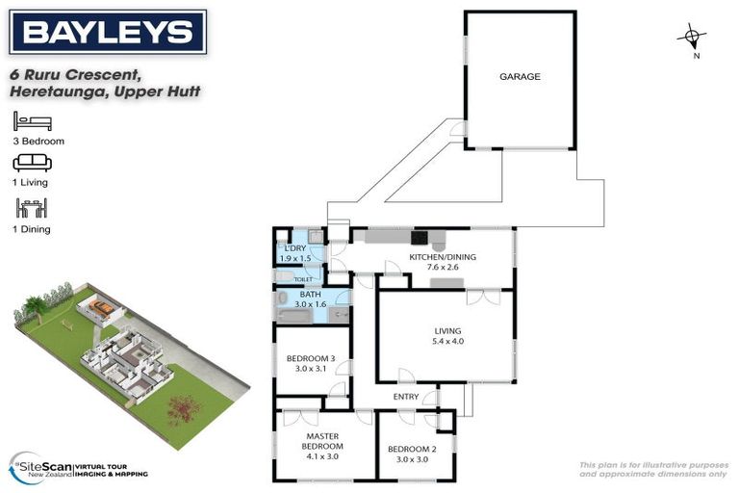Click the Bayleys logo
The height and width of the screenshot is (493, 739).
107,32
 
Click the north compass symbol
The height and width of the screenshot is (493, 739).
692,39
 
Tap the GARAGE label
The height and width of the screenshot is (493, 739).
520,77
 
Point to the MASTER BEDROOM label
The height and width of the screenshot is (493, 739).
322,441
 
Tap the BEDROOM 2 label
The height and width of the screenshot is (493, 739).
412,449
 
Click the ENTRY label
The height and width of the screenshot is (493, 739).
406,397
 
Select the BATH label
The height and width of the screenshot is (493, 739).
310,295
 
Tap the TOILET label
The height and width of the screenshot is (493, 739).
303,279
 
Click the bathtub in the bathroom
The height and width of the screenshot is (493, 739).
293,314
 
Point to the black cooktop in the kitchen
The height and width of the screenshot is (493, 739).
420,237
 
